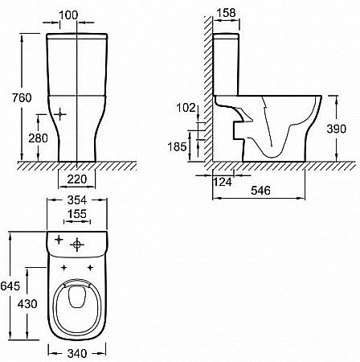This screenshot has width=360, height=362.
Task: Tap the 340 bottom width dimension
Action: tap(78, 351)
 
